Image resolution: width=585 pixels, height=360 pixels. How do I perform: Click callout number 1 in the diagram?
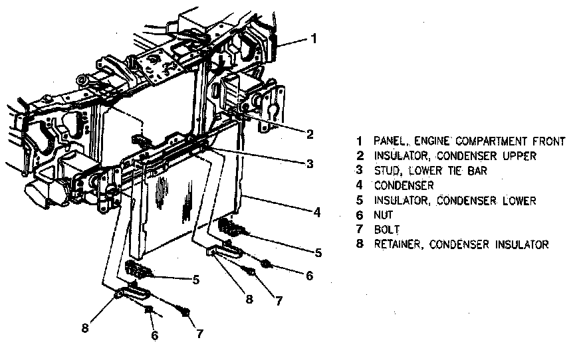coord(314,39)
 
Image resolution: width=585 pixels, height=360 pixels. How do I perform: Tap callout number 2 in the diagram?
coord(310,134)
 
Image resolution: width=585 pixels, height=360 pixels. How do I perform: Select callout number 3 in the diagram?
coord(310,163)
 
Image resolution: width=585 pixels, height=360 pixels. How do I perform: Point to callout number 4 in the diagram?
coord(318,213)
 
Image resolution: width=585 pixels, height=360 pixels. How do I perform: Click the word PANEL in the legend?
coord(390,141)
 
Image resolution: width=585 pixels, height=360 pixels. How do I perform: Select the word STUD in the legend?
coord(387,171)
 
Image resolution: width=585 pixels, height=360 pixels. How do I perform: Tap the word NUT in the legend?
coord(384,215)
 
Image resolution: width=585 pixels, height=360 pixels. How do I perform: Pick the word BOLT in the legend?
coord(386,230)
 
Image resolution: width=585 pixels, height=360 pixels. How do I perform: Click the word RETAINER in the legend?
coord(398,244)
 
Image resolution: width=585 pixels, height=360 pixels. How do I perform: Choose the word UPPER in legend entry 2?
coord(521,156)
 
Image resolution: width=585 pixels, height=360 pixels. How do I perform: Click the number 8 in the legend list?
coord(360,244)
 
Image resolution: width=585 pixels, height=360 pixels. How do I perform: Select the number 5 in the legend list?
coord(360,201)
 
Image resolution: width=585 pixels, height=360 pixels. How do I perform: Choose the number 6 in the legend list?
coord(360,215)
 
